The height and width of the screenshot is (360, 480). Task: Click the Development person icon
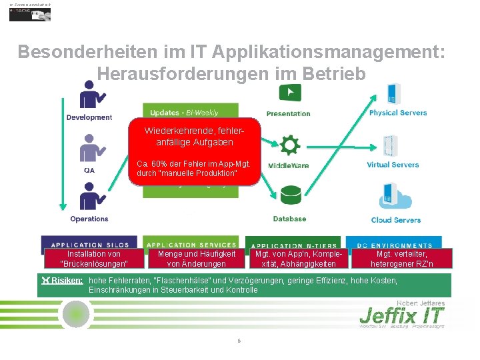tap(91, 95)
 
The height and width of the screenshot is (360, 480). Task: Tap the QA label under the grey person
tap(89, 169)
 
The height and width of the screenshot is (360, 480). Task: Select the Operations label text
tap(89, 219)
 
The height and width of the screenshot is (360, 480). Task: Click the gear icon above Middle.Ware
tap(290, 145)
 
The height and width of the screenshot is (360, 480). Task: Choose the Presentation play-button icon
tap(290, 93)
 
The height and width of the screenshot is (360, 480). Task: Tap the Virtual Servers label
tap(393, 165)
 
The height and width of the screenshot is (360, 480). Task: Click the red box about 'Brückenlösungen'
tap(94, 259)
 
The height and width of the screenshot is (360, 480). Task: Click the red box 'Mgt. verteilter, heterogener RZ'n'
tap(402, 259)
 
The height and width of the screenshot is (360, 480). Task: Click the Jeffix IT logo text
tap(401, 315)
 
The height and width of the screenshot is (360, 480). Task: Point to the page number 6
tap(239, 341)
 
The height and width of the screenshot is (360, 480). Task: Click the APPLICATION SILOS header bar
tap(89, 245)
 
